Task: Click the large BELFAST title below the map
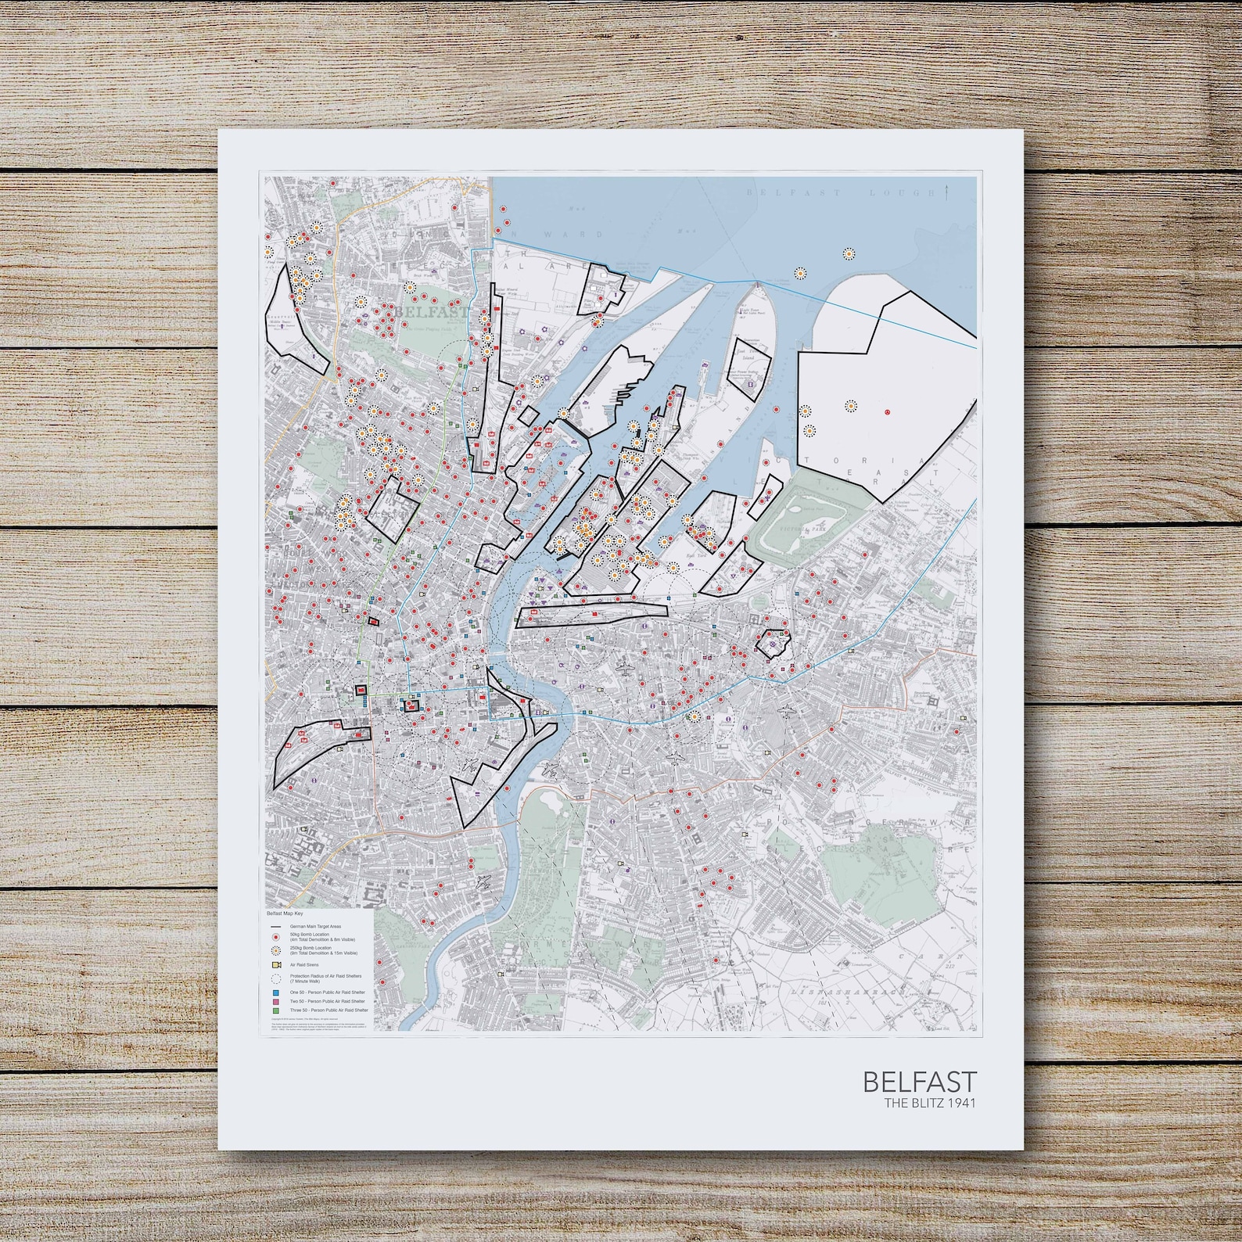point(920,1082)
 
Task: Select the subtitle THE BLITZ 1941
point(930,1103)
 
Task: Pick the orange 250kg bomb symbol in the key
point(276,950)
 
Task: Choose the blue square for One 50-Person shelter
point(276,993)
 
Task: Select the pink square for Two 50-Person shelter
point(276,1002)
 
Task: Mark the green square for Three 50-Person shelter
point(276,1010)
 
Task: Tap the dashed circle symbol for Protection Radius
point(276,978)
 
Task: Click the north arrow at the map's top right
point(948,188)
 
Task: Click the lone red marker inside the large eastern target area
point(887,411)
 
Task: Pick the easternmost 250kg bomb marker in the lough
point(849,253)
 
